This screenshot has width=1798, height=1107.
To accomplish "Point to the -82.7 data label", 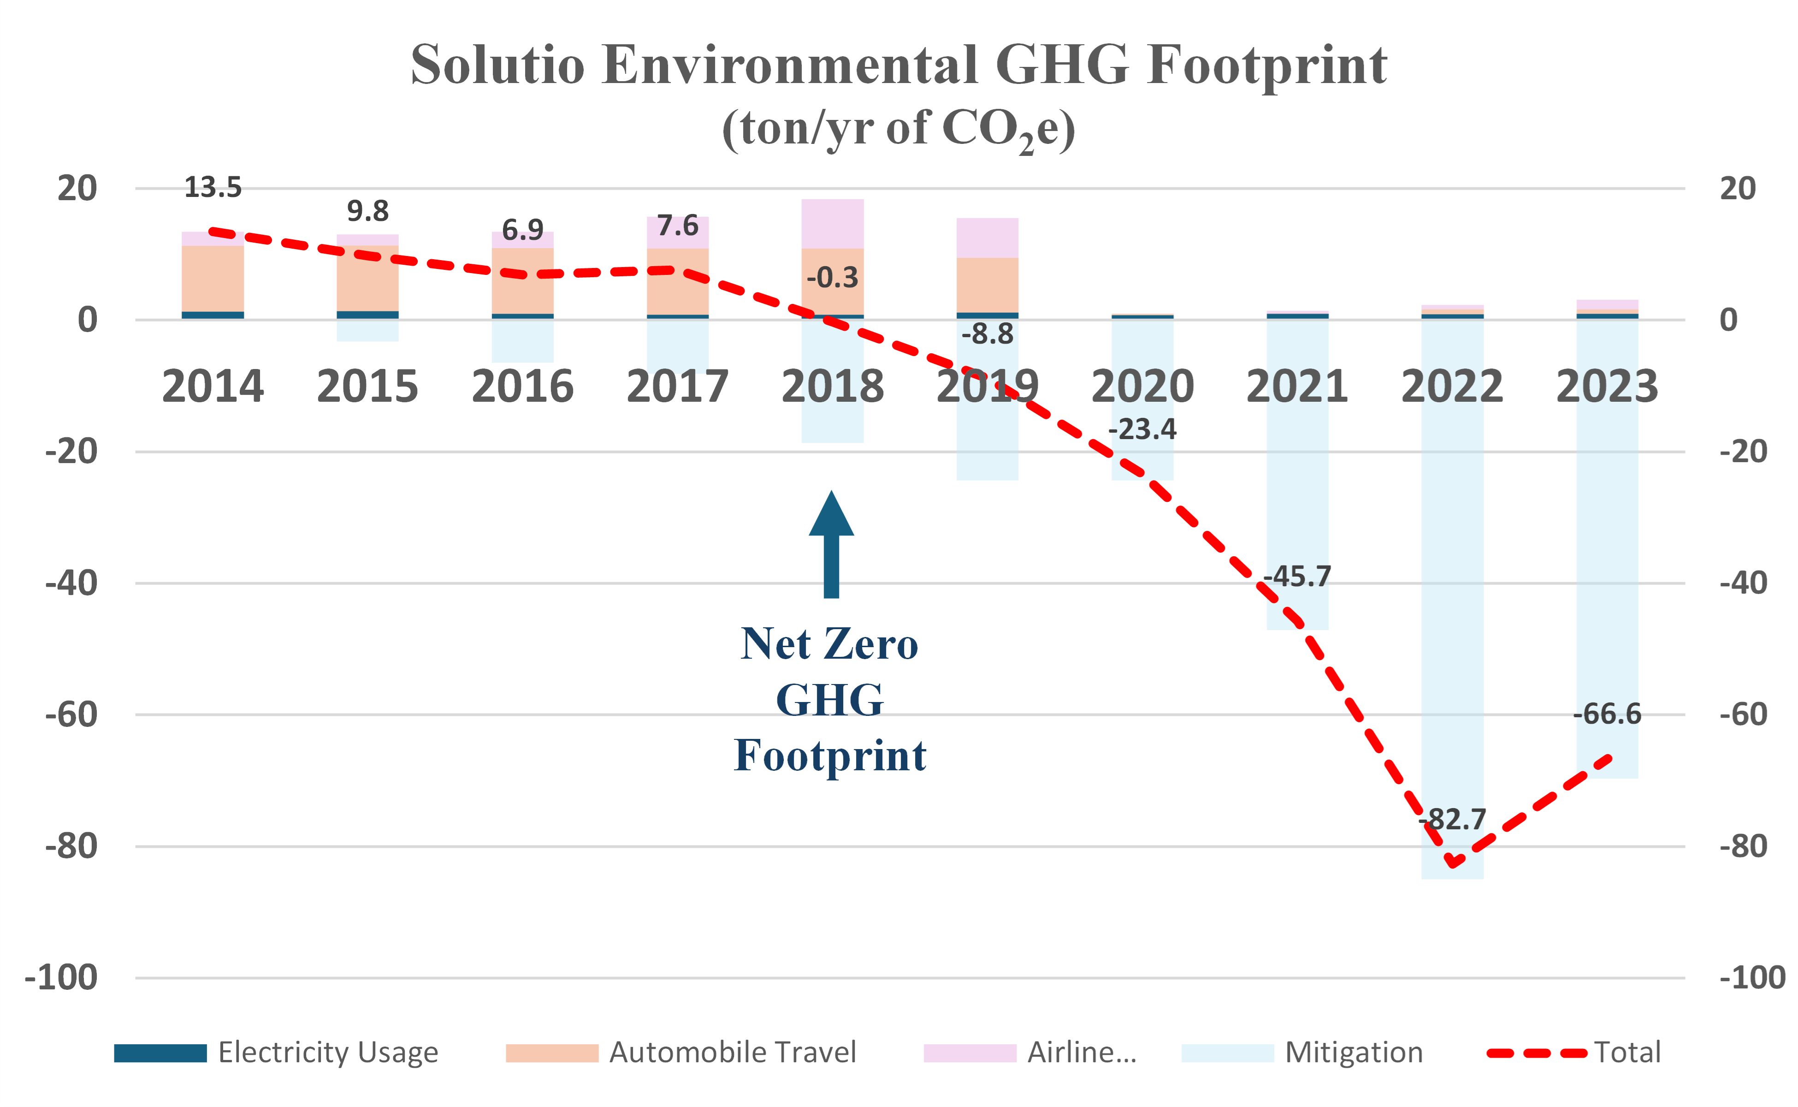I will pos(1453,819).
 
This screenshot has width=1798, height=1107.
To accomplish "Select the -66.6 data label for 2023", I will pos(1607,714).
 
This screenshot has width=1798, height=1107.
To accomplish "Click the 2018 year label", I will pos(832,387).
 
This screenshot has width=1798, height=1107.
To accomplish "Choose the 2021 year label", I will pos(1297,387).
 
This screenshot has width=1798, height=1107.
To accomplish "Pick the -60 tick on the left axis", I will pos(71,714).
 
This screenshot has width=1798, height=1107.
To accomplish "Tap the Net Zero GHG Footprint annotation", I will pos(830,699).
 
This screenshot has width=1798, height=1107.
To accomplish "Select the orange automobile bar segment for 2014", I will pos(212,278).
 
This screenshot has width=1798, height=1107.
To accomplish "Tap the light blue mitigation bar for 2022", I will pos(1452,586).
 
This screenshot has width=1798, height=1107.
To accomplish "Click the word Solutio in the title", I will pos(497,65).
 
